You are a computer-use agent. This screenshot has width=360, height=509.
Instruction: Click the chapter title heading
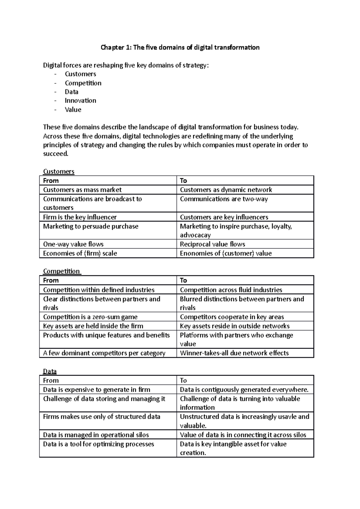(180, 47)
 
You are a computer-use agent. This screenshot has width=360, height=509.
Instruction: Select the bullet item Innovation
(80, 101)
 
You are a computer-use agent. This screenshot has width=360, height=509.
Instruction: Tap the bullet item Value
(73, 110)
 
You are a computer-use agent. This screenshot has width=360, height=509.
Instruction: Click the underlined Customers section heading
(58, 171)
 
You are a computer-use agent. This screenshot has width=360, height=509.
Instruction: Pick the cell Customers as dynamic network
(226, 190)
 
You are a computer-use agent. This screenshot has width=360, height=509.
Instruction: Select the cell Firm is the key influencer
(80, 217)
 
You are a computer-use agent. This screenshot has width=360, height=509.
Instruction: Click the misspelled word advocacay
(195, 235)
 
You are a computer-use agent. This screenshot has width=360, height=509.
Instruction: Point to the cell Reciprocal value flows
(212, 244)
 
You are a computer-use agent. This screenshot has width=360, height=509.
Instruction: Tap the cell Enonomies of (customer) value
(226, 254)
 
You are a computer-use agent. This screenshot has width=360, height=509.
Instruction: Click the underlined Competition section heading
(61, 271)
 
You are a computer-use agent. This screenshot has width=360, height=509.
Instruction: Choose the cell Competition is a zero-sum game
(90, 317)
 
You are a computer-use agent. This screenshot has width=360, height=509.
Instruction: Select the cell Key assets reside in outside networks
(235, 326)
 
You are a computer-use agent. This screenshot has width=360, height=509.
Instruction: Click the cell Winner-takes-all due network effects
(234, 353)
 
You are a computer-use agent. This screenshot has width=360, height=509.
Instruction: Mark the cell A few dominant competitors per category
(104, 353)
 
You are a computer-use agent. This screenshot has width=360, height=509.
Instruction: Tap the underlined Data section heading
(50, 371)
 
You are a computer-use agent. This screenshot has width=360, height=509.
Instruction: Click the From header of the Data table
(51, 381)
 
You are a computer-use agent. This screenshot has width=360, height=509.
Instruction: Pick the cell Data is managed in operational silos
(96, 435)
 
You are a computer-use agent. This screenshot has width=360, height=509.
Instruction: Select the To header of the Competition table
(183, 281)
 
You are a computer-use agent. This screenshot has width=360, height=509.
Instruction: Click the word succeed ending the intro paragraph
(55, 154)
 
